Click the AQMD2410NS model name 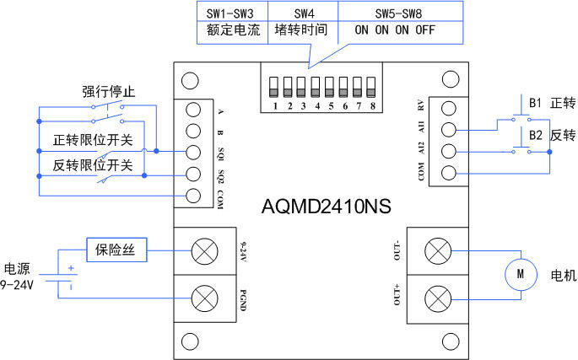pyautogui.click(x=327, y=207)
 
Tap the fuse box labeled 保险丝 pyautogui.click(x=116, y=250)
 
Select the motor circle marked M pyautogui.click(x=521, y=274)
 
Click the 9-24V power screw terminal pyautogui.click(x=204, y=251)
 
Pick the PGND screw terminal pyautogui.click(x=204, y=298)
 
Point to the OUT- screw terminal pyautogui.click(x=438, y=251)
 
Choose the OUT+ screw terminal pyautogui.click(x=438, y=298)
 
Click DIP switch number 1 pyautogui.click(x=273, y=87)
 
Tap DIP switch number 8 pyautogui.click(x=370, y=87)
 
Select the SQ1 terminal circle pyautogui.click(x=193, y=153)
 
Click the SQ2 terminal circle pyautogui.click(x=193, y=174)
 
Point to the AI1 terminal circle pyautogui.click(x=449, y=130)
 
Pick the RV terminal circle pyautogui.click(x=449, y=108)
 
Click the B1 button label pyautogui.click(x=535, y=103)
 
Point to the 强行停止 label pyautogui.click(x=108, y=92)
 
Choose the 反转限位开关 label pyautogui.click(x=93, y=165)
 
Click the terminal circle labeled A pyautogui.click(x=193, y=110)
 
